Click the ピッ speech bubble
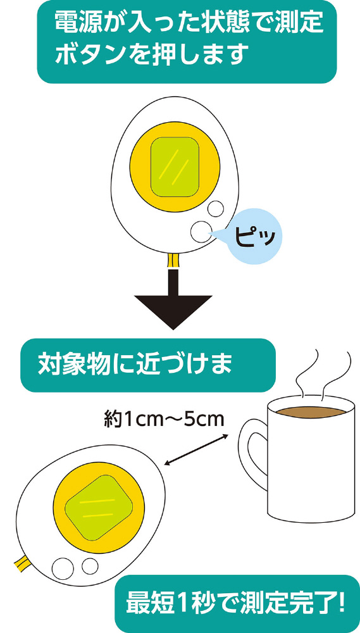pyautogui.click(x=254, y=236)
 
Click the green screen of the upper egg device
pyautogui.click(x=175, y=167)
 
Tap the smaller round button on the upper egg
pyautogui.click(x=215, y=208)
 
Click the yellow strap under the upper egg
pyautogui.click(x=173, y=260)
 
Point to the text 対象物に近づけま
pyautogui.click(x=135, y=365)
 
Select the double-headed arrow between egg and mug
pyautogui.click(x=196, y=450)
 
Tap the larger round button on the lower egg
pyautogui.click(x=63, y=568)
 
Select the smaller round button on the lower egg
pyautogui.click(x=90, y=566)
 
